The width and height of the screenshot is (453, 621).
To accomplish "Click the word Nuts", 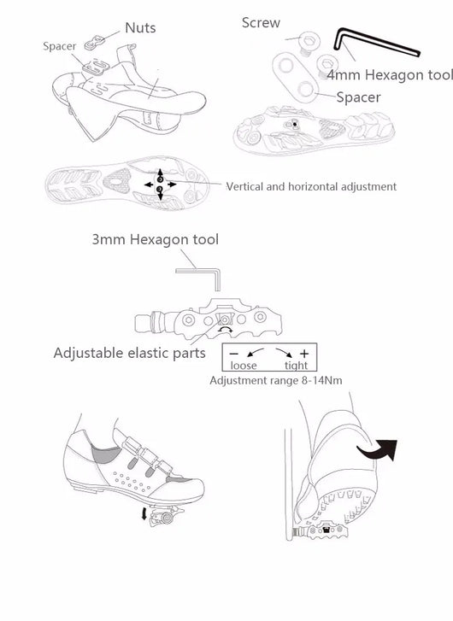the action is pos(140,28).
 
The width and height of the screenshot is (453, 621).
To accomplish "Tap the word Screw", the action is pos(261,23).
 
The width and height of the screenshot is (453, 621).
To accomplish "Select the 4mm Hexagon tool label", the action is pos(390,74).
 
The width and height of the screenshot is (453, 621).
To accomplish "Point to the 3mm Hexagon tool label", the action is pos(155,240).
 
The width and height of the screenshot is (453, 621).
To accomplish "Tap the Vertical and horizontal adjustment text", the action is pos(311,186).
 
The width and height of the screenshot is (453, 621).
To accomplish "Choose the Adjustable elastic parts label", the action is pos(130,353).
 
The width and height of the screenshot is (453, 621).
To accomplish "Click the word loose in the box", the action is pos(244,365).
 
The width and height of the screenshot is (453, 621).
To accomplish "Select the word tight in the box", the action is pos(296,365).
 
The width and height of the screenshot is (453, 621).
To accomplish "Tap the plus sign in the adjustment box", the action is pos(304,354).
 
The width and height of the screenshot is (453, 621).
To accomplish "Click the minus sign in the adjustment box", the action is pos(234,354).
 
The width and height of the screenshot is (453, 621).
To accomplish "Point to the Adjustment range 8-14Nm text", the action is pos(276,381).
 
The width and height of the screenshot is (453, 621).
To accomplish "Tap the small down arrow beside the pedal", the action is pos(144,514).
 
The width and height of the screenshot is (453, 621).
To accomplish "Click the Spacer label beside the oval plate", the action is pos(358,97).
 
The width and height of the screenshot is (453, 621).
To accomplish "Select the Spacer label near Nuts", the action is pos(60,46).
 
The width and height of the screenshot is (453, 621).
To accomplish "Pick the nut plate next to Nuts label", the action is pos(93,44).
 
